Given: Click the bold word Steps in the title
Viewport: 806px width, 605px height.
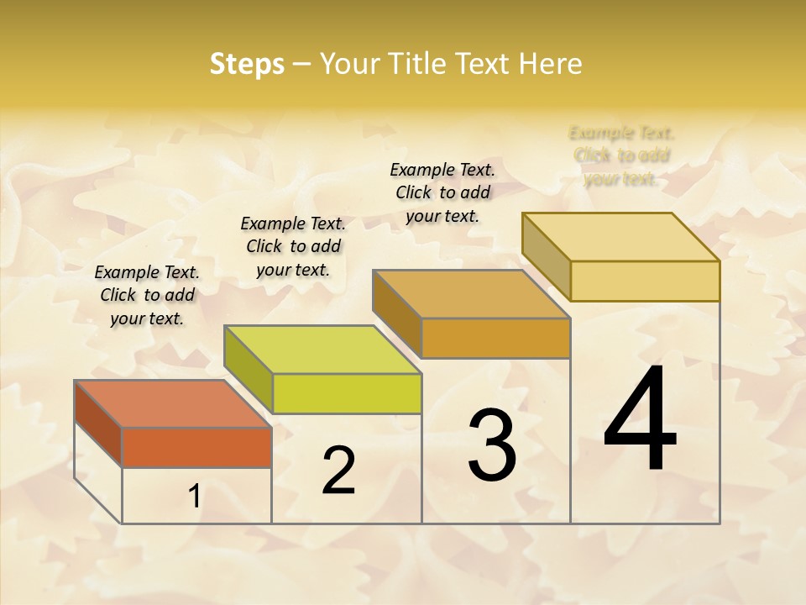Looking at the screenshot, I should tap(247, 64).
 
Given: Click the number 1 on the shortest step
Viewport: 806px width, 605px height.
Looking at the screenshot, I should tap(194, 497).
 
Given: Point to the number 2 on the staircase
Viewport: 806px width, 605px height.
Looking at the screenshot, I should tap(338, 471).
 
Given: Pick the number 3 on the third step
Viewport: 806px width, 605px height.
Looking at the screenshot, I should tap(492, 445).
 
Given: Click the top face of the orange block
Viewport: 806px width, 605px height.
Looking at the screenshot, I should tap(172, 404).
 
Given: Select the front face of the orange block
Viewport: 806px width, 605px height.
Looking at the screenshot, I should tap(196, 447).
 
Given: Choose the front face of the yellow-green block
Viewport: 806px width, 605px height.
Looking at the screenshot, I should tap(347, 393).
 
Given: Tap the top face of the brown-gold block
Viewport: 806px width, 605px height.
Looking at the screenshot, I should tap(471, 294).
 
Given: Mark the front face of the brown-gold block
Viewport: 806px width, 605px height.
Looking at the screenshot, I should tap(495, 338).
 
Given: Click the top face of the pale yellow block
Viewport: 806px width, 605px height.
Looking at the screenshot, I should tap(620, 237).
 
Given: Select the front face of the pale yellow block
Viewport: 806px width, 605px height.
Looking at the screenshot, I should tap(645, 281).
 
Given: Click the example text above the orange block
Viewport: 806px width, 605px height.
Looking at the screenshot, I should tap(147, 295).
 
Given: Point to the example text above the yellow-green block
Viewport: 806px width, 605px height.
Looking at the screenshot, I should tap(293, 246).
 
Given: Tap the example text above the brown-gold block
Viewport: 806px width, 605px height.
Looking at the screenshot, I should tap(442, 192).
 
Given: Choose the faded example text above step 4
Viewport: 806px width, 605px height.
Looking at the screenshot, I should tap(621, 155).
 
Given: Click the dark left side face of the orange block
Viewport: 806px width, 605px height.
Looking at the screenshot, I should tap(98, 423).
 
